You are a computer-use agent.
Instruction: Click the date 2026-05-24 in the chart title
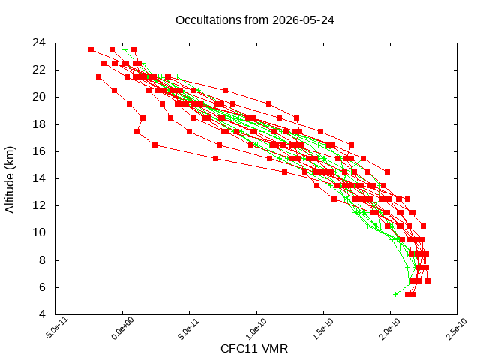point(303,20)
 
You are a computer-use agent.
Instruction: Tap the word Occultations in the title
point(208,20)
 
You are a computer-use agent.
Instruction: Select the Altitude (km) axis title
point(10,180)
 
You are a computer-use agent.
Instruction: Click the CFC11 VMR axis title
point(254,349)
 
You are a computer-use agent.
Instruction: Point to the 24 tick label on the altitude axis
point(39,43)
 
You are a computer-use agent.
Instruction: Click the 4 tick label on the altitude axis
point(42,314)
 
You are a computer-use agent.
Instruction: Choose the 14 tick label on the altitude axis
point(39,178)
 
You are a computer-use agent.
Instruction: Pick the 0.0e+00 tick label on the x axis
point(122,328)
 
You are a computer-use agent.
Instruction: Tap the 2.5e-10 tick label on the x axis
point(456,328)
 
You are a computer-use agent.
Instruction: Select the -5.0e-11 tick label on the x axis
point(57,328)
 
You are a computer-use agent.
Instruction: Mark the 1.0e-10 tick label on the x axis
point(256,328)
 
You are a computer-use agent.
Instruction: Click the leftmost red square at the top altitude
point(91,50)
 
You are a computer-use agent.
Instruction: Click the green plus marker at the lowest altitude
point(395,295)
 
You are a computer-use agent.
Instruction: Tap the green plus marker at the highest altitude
point(124,50)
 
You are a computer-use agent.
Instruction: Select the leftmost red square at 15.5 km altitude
point(215,158)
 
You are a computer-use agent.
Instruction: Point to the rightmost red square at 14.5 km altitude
point(387,172)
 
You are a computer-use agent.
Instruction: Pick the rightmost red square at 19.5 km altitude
point(268,104)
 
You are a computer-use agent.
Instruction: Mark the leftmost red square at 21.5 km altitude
point(98,76)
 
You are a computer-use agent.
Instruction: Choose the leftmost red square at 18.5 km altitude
point(142,118)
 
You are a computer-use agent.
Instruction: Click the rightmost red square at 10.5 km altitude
point(423,226)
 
